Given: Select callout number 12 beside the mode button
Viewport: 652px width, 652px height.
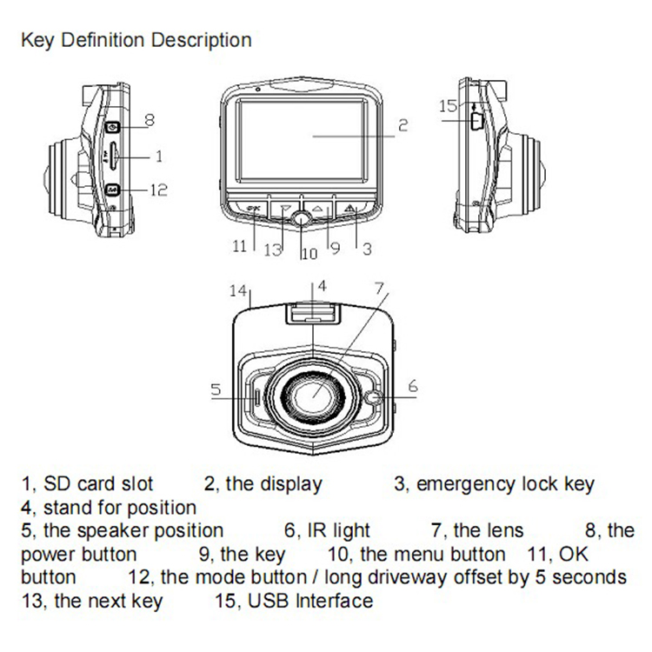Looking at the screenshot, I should pos(156,189).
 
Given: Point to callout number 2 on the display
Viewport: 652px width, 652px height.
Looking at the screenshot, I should pos(403,124).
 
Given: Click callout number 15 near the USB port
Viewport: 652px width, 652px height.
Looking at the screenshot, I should pos(448,106).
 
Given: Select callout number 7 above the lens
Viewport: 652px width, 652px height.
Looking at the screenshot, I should pos(378,287).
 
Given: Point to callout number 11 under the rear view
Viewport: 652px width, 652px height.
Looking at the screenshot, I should pos(240,246).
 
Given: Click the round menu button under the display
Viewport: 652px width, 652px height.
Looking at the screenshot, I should pos(301,220).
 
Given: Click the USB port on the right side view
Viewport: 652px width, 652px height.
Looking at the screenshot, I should pos(476,119).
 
